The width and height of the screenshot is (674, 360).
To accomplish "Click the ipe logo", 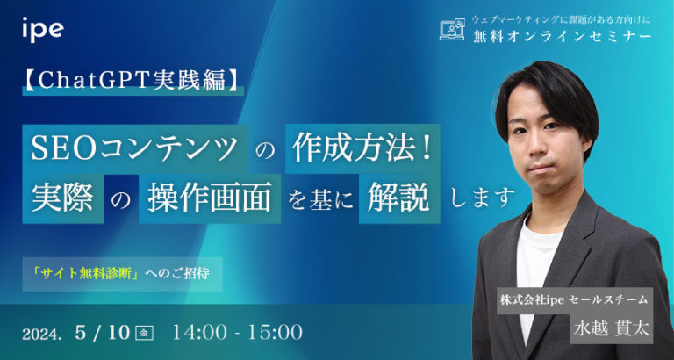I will pos(42,30).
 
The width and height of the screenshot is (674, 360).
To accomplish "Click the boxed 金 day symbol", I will pos(146,333).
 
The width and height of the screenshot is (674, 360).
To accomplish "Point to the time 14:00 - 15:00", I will pos(238,332).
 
